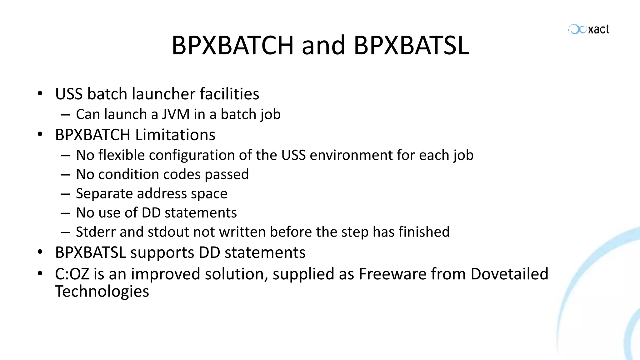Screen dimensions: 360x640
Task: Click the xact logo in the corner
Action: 589,29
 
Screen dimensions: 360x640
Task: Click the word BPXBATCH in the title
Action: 232,45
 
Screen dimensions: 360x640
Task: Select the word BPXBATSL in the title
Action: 411,45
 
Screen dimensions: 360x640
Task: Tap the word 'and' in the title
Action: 323,45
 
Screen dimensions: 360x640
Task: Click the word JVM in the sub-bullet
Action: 176,114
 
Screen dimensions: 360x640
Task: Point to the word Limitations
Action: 175,135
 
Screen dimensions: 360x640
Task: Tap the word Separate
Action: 104,194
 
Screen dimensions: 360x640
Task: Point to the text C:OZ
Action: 72,274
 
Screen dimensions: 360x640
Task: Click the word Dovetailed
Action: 509,274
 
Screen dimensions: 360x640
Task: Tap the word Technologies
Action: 102,292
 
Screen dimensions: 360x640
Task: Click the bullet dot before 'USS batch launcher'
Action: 40,93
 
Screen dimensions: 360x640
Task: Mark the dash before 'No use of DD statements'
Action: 65,213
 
